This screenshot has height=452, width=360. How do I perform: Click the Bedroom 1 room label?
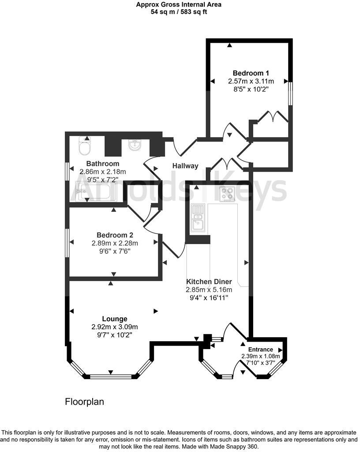click(251, 73)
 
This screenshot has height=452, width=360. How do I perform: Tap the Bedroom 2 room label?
click(115, 235)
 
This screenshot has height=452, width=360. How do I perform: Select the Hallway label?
click(185, 166)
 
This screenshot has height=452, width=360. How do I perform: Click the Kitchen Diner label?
click(209, 282)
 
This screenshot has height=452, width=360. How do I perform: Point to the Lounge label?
click(115, 319)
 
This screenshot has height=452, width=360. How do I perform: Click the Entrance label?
click(260, 349)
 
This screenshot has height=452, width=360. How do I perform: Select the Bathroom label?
click(102, 164)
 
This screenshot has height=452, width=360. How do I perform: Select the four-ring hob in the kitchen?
click(228, 194)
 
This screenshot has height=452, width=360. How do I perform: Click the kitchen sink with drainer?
click(198, 218)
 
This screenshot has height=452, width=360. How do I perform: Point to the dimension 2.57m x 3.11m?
click(251, 81)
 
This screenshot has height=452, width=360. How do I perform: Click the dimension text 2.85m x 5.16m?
click(209, 290)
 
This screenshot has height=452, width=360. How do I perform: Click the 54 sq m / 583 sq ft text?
click(179, 12)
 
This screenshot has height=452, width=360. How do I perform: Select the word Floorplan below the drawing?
click(84, 402)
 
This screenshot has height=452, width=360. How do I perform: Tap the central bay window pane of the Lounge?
click(111, 377)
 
